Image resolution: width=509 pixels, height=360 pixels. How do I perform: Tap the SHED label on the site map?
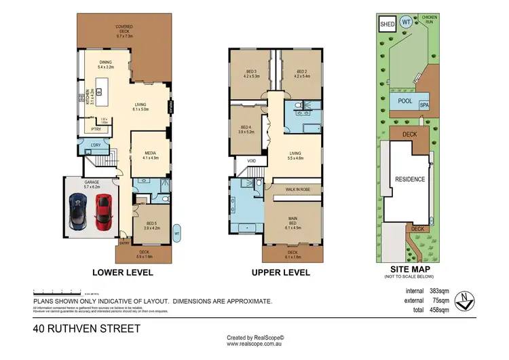click(x=387, y=24)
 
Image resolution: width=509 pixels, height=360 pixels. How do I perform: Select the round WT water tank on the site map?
click(x=406, y=22)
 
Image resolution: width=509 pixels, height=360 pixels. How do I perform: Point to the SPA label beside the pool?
click(x=424, y=105)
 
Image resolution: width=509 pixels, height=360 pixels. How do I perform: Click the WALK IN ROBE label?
click(x=298, y=190)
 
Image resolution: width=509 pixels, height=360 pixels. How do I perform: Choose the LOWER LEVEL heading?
click(x=122, y=273)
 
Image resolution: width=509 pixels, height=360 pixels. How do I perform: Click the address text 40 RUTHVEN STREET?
click(x=86, y=329)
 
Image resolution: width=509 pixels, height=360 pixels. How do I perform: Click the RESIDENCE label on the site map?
click(x=411, y=179)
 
